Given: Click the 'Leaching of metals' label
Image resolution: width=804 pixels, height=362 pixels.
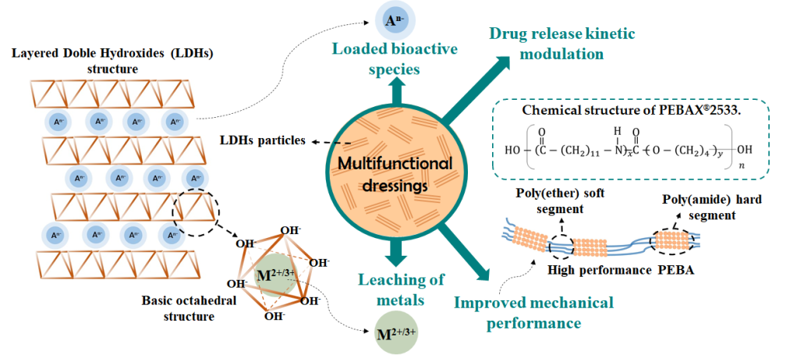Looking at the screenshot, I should (402, 288).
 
